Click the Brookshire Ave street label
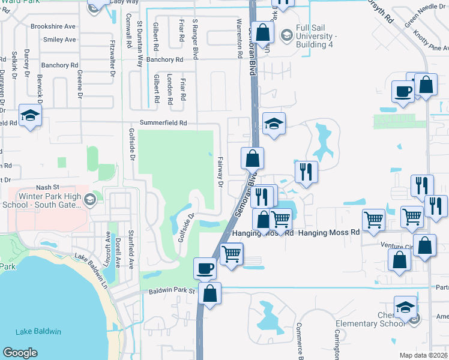[53, 27]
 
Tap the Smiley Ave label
[59, 40]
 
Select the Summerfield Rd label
[163, 123]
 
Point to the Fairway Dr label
[220, 172]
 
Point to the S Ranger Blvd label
[195, 39]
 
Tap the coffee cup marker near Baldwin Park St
[205, 268]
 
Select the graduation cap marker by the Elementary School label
[405, 307]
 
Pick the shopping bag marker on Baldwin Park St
[210, 293]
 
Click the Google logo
[20, 353]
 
